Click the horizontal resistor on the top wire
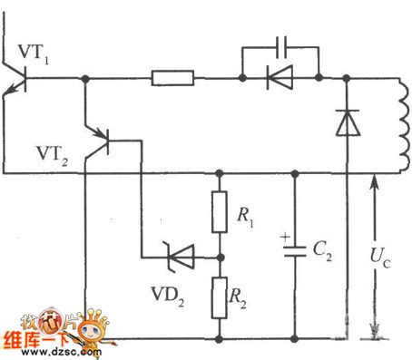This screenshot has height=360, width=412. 172,80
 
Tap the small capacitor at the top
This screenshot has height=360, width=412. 280,45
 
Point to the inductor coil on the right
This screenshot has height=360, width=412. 398,124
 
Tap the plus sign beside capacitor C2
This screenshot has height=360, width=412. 285,240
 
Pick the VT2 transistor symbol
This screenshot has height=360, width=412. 99,143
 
